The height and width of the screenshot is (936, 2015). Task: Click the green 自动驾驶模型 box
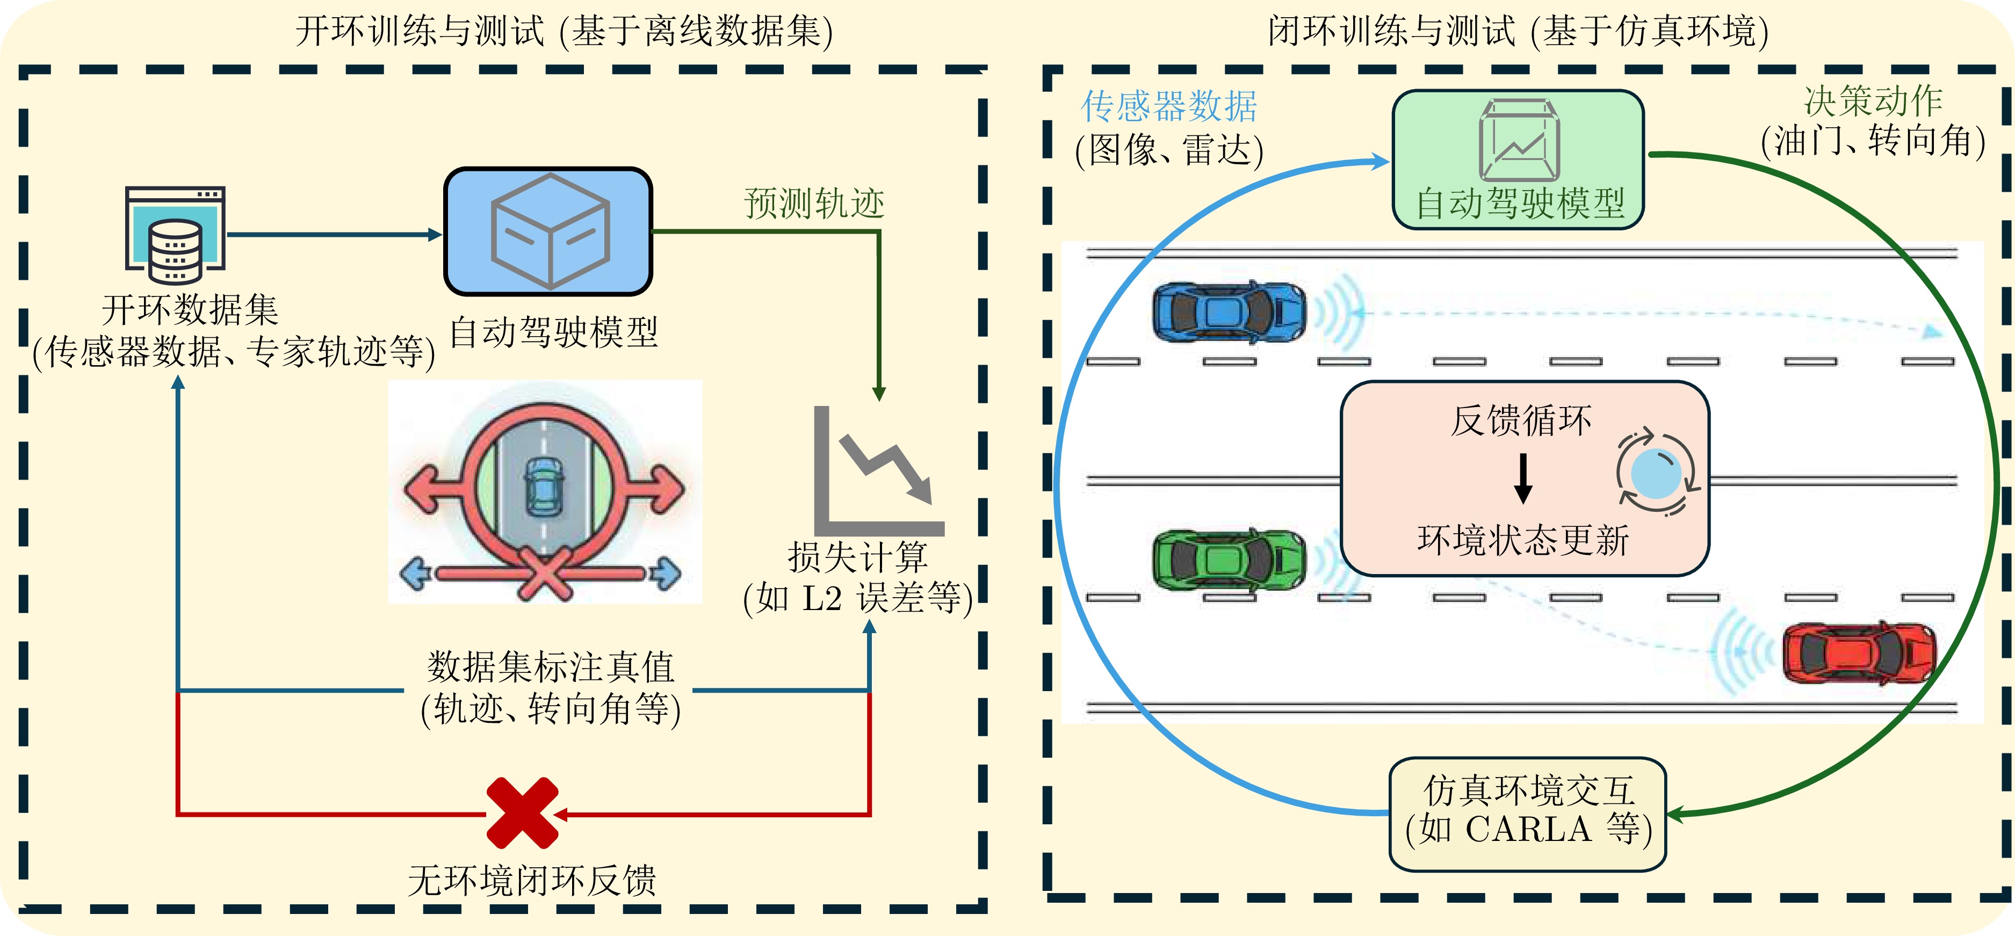coord(1518,159)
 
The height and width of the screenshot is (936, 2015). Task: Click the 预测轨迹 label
coord(813,204)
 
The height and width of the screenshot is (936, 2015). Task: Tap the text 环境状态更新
coord(1523,540)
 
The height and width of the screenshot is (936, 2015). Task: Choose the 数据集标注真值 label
coord(551,667)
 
